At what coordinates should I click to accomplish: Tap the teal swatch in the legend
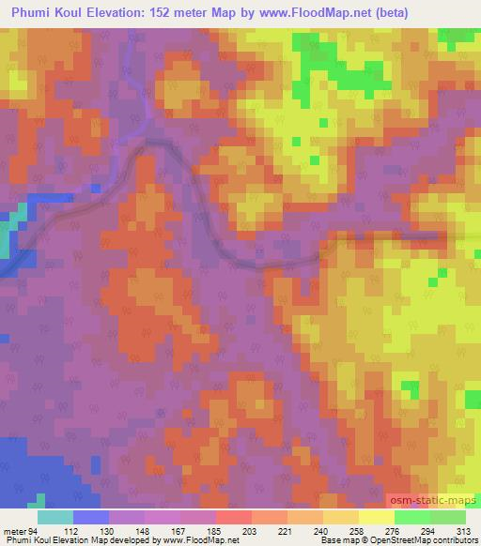(55, 516)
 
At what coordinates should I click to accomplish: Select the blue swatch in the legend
(91, 516)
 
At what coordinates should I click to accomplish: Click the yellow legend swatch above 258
(341, 516)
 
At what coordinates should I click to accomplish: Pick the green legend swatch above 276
(412, 516)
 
